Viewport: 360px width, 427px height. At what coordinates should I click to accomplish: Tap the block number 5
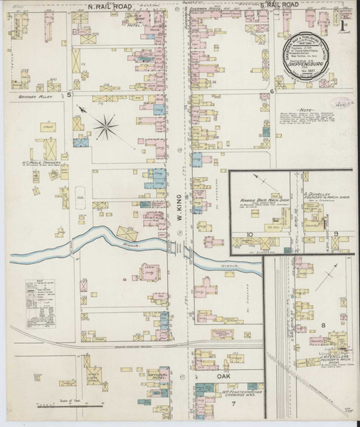coord(69,93)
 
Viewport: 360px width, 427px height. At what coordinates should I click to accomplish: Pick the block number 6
coord(272,93)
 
